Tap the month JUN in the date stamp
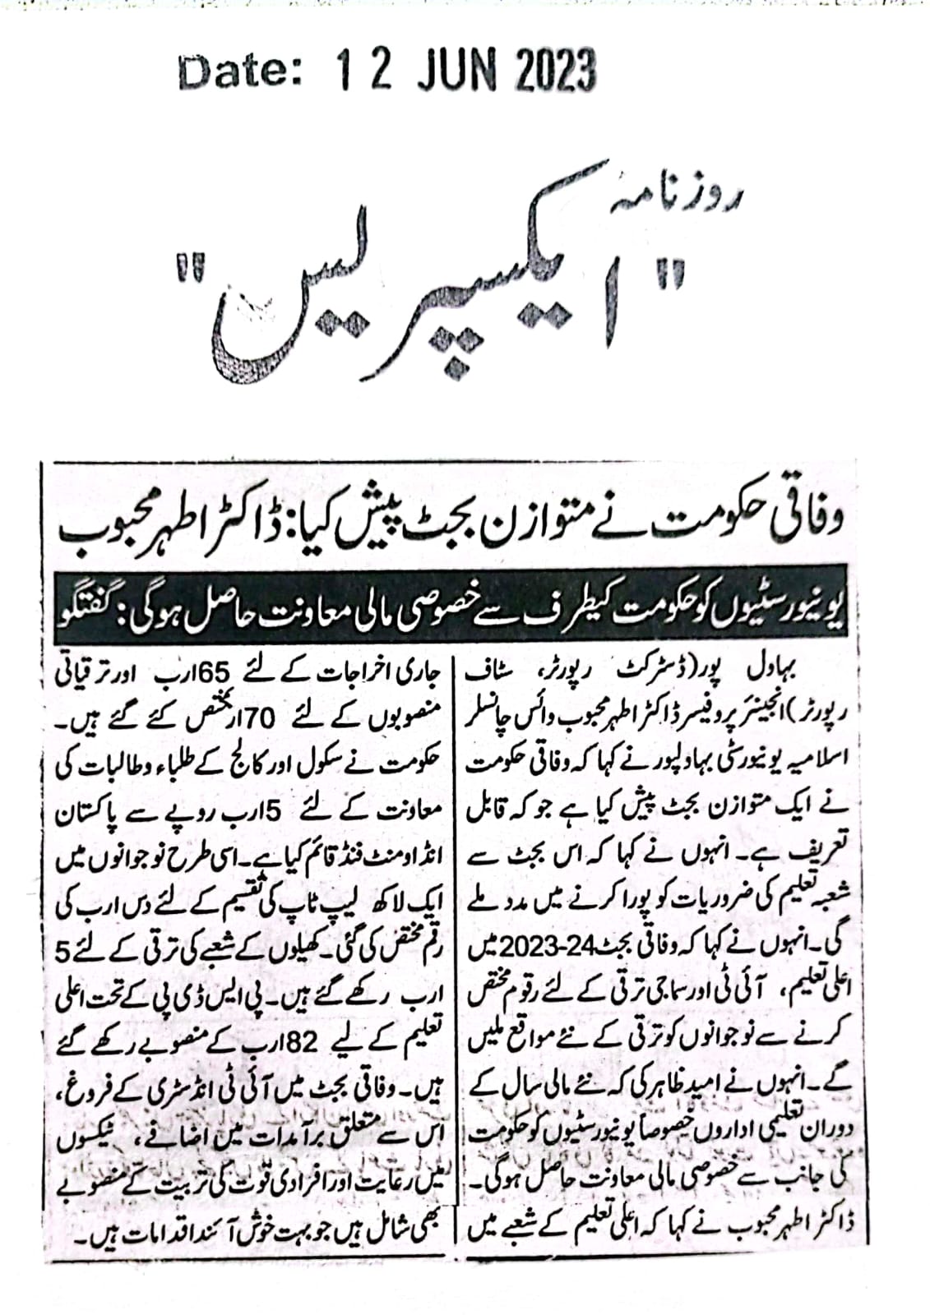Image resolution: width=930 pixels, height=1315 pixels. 456,72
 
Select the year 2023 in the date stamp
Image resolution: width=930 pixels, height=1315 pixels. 556,72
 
